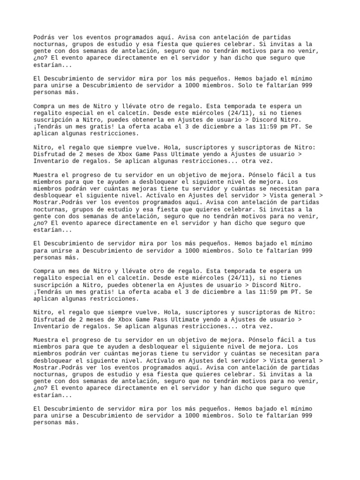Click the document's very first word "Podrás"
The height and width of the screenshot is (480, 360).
[x=44, y=37]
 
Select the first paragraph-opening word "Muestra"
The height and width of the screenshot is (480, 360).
[x=45, y=175]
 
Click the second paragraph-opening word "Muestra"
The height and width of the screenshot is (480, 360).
[x=45, y=340]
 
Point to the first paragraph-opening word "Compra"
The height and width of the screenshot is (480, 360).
[x=44, y=106]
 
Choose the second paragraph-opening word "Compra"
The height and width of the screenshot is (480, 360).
[x=44, y=271]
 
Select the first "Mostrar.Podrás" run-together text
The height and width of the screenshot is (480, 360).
[x=58, y=202]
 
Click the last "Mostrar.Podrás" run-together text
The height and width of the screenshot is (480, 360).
[x=58, y=367]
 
